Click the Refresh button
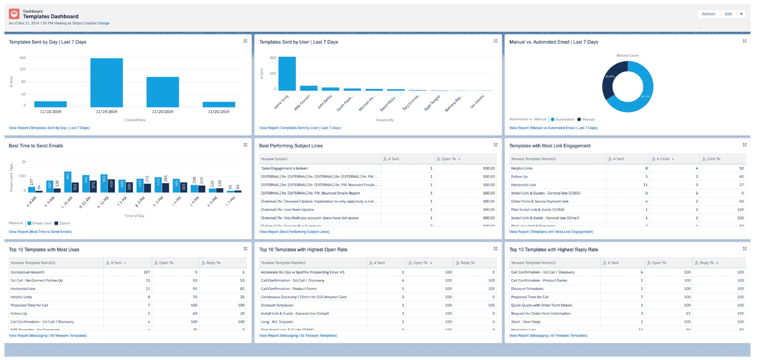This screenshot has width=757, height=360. pyautogui.click(x=709, y=14)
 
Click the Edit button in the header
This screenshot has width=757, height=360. pyautogui.click(x=728, y=14)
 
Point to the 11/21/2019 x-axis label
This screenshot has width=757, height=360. pyautogui.click(x=218, y=111)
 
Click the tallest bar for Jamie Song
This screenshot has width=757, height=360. pyautogui.click(x=287, y=73)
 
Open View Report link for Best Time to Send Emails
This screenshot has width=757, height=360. pyautogui.click(x=40, y=232)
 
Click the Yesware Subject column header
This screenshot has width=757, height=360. pyautogui.click(x=274, y=158)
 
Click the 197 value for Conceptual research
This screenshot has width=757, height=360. pyautogui.click(x=147, y=272)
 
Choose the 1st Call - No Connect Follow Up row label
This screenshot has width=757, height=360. pyautogui.click(x=36, y=280)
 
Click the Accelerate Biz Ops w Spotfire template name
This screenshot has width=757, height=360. pyautogui.click(x=302, y=272)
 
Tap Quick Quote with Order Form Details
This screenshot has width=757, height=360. pyautogui.click(x=541, y=305)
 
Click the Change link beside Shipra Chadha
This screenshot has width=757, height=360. pyautogui.click(x=103, y=23)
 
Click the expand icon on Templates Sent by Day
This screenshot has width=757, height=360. pyautogui.click(x=245, y=41)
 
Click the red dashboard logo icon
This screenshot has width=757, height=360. pyautogui.click(x=14, y=14)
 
